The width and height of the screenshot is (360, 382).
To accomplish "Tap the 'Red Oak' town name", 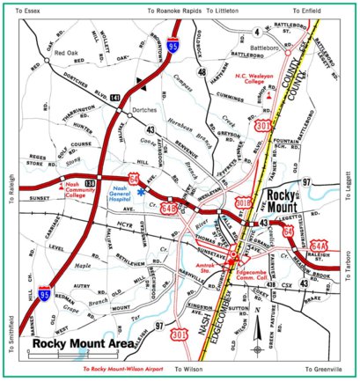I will pyautogui.click(x=67, y=53).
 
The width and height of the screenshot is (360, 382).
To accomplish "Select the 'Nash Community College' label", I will pyautogui.click(x=72, y=189).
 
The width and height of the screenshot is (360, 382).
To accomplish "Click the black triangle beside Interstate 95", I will pyautogui.click(x=137, y=83).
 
